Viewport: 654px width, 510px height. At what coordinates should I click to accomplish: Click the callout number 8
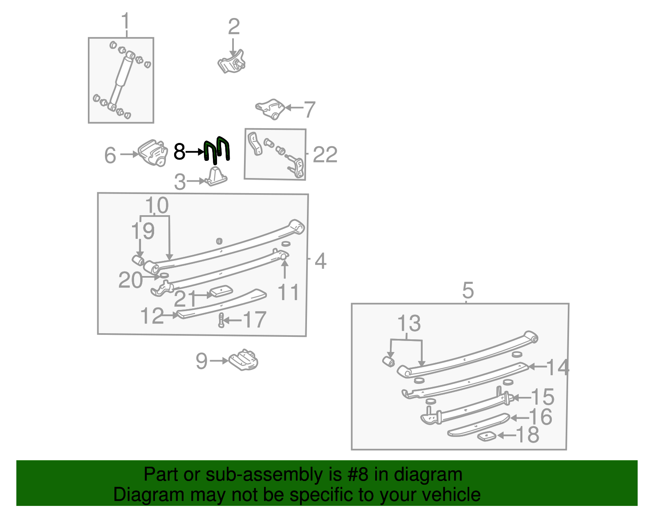click(179, 152)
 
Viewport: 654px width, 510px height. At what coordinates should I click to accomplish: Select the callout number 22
click(325, 155)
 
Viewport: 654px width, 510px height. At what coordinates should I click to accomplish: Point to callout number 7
click(309, 109)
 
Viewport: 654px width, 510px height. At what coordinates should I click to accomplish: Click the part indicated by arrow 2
click(231, 62)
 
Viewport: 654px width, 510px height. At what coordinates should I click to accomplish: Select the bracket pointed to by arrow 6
click(153, 153)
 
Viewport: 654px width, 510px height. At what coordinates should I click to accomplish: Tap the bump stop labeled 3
click(216, 177)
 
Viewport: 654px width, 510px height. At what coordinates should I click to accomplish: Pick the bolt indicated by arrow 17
click(221, 320)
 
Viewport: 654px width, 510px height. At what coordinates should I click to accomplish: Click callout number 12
click(152, 316)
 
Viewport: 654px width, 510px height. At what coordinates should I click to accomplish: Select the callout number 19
click(143, 231)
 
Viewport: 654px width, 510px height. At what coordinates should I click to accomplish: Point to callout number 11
click(288, 292)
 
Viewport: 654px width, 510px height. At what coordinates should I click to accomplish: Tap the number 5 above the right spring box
click(468, 290)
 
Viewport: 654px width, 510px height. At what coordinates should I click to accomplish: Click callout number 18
click(528, 434)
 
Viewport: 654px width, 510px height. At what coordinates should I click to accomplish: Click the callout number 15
click(542, 397)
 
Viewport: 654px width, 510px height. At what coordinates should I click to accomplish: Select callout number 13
click(409, 323)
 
